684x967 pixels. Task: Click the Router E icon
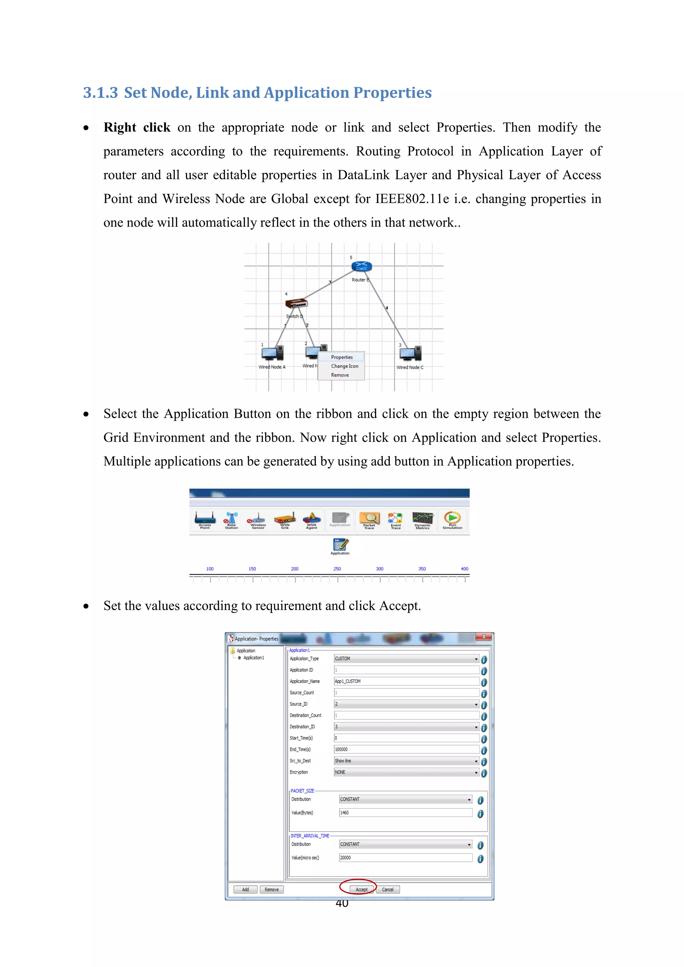361,266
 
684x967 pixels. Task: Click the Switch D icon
296,303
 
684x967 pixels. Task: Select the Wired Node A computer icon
273,353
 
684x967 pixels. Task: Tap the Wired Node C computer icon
411,353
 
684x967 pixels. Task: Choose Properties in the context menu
342,357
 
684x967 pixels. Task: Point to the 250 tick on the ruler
337,569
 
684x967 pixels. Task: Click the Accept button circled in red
361,890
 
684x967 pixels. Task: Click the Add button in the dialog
245,890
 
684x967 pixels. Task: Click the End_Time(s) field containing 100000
406,750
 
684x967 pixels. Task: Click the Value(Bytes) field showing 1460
405,813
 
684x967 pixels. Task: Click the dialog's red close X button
484,637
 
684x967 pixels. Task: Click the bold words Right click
137,128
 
